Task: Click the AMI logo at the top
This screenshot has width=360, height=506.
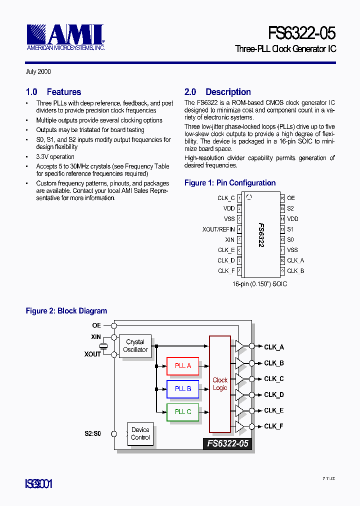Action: tap(65, 36)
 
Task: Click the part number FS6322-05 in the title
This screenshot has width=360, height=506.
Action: tap(301, 33)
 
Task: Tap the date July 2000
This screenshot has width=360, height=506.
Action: tap(38, 72)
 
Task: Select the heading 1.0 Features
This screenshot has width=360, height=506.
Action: tap(53, 92)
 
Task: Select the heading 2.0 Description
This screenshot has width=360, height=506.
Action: tap(217, 92)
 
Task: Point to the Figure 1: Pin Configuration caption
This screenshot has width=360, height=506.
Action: tap(230, 183)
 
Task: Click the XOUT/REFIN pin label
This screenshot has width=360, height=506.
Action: tap(218, 229)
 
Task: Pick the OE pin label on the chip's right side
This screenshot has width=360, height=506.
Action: tap(291, 198)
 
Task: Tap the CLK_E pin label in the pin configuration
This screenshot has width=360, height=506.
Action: tap(226, 250)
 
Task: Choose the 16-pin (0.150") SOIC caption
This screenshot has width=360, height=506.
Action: tap(259, 284)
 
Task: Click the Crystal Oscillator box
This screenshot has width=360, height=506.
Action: tap(135, 346)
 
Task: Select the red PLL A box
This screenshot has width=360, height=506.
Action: tap(183, 365)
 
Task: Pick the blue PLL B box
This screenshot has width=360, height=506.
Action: tap(183, 388)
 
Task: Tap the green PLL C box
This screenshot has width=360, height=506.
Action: tap(183, 411)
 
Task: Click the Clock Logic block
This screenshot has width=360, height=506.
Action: tap(220, 384)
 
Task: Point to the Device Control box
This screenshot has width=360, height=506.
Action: tap(140, 433)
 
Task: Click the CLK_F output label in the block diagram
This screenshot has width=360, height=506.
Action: tap(274, 426)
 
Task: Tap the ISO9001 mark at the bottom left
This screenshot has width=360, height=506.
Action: tap(39, 484)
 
